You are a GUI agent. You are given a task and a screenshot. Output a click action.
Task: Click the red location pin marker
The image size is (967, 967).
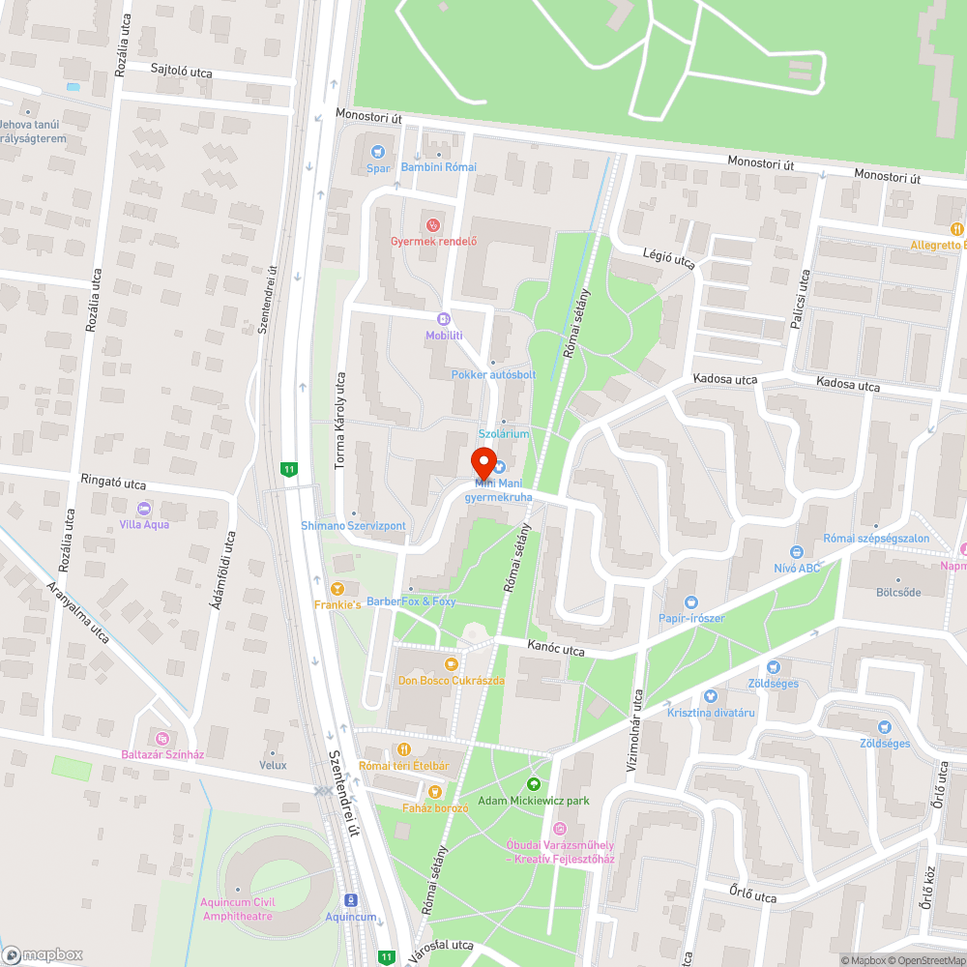(x=483, y=460)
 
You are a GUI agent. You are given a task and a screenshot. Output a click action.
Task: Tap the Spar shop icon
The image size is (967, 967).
(x=377, y=152)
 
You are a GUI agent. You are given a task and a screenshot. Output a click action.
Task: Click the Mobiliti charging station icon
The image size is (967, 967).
(x=444, y=318)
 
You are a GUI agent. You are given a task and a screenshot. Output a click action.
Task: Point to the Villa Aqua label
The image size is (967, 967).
(x=143, y=524)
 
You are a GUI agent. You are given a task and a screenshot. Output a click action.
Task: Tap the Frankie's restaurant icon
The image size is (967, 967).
(x=337, y=588)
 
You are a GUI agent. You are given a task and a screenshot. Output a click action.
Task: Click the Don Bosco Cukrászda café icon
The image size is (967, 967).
(x=451, y=664)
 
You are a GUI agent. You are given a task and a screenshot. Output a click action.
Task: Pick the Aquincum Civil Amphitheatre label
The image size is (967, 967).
(x=237, y=909)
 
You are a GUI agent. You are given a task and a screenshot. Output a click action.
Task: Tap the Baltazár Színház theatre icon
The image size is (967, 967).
(x=161, y=738)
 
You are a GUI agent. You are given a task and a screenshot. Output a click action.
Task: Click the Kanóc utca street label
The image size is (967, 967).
(x=556, y=649)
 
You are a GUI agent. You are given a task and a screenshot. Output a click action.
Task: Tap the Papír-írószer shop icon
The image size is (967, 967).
(x=689, y=602)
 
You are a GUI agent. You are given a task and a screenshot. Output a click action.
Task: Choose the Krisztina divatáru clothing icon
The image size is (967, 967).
(x=711, y=696)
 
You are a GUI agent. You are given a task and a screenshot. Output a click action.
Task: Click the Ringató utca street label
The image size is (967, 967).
(x=113, y=482)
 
